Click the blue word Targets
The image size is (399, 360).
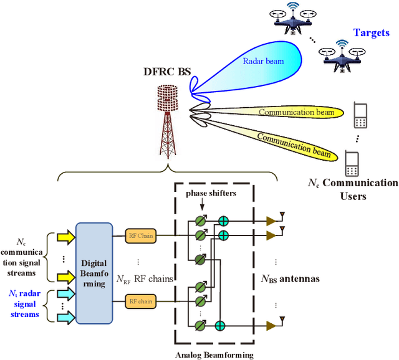pos(372,32)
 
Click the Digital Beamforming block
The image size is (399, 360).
pos(94,273)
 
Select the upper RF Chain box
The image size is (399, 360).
pos(141,235)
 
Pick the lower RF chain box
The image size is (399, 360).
pos(141,301)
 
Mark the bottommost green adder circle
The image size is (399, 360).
pos(219,325)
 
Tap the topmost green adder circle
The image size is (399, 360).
pos(223,220)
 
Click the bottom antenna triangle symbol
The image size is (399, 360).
pos(272,324)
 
